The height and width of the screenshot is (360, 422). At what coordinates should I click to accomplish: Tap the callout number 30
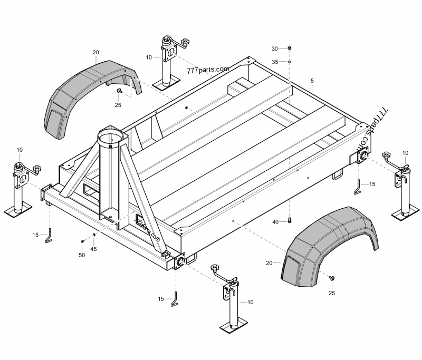tap(275, 48)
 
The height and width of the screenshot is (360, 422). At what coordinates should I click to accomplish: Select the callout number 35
tap(275, 62)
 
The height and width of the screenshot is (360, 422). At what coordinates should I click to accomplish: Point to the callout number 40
tap(275, 221)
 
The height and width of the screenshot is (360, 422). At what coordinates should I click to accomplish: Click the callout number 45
tap(93, 249)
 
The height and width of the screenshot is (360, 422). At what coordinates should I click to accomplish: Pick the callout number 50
tap(82, 255)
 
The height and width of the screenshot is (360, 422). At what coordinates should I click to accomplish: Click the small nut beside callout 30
tap(290, 48)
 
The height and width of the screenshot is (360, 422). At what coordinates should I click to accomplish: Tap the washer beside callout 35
tap(290, 61)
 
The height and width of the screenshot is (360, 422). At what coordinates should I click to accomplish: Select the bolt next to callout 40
tap(290, 220)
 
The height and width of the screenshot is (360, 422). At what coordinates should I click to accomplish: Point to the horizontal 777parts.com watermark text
tap(207, 70)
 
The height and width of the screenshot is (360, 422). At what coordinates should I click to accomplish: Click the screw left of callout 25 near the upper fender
tap(120, 91)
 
